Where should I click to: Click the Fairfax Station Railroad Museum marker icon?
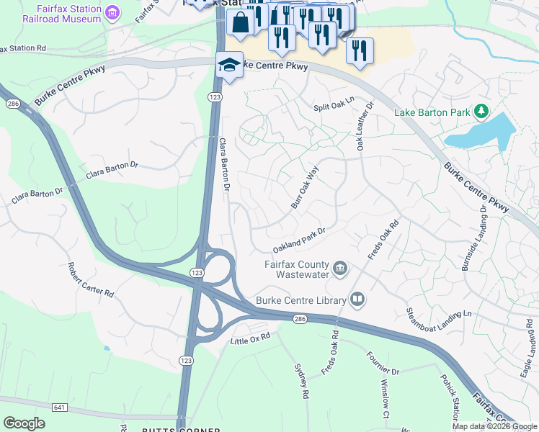pos(112,12)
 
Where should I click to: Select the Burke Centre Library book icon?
pos(357,299)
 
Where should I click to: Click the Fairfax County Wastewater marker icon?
pos(341,269)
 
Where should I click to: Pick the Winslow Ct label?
pos(385,399)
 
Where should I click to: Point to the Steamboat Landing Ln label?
pos(438,313)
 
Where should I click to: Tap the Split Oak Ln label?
pos(334,104)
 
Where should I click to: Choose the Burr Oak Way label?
pos(304,188)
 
